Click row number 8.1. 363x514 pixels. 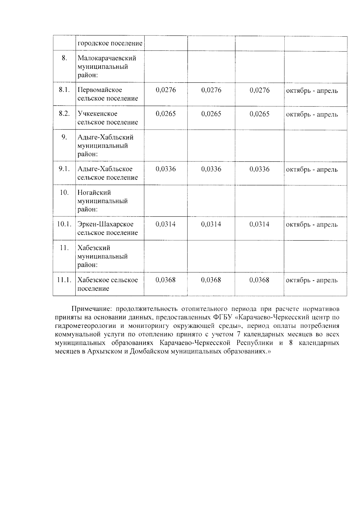[x=64, y=90]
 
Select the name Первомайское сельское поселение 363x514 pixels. [x=108, y=94]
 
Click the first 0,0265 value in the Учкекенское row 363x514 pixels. [x=165, y=114]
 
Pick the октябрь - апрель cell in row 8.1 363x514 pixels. [x=312, y=91]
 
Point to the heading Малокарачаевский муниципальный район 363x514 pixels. [x=107, y=67]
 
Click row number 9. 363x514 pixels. [x=64, y=137]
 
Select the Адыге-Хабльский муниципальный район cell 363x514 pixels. [x=105, y=146]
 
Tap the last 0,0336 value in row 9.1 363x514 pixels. [x=259, y=169]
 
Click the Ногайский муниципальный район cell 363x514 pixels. [x=103, y=201]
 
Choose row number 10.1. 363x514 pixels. [x=64, y=224]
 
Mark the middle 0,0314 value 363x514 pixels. [x=211, y=224]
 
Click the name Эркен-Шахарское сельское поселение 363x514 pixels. [x=108, y=229]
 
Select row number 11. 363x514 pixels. [x=64, y=248]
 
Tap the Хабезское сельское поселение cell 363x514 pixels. [x=108, y=284]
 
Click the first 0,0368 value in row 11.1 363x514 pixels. [x=165, y=280]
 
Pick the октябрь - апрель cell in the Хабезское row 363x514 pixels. [x=312, y=280]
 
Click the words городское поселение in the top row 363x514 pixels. [x=110, y=43]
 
